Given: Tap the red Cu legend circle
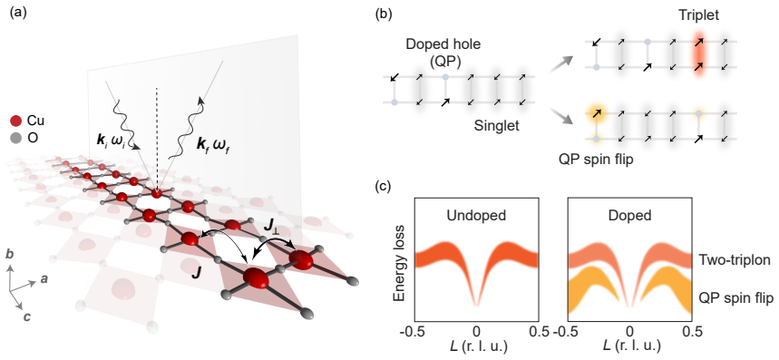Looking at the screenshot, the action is click(x=16, y=122).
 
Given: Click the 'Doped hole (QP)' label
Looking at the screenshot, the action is click(x=434, y=51).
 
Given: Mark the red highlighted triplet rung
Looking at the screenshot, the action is click(x=699, y=54).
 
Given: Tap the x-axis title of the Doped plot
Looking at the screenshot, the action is click(x=629, y=346).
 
